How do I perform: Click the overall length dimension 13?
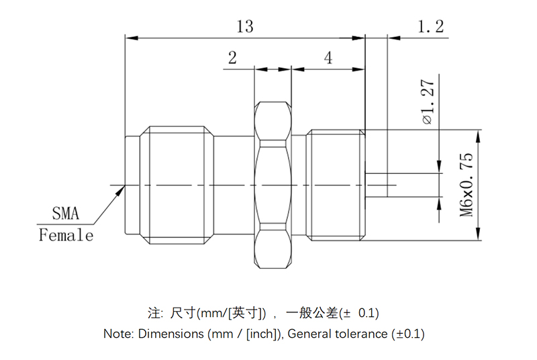[x=245, y=26]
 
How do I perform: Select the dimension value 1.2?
[x=430, y=26]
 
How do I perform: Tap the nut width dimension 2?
[x=232, y=58]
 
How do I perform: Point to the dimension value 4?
[x=328, y=58]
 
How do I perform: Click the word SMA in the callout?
[x=66, y=214]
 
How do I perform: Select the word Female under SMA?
[x=66, y=235]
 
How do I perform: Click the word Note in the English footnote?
[x=118, y=333]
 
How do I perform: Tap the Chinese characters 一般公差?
[x=312, y=313]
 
